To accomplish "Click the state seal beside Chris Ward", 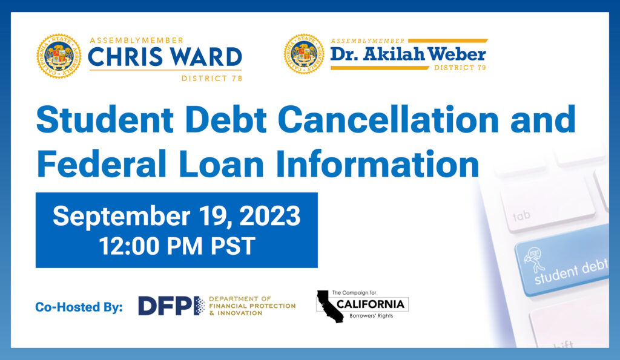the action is click(x=59, y=56).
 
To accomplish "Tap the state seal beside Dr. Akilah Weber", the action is click(x=304, y=54).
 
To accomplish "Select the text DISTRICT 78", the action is click(x=211, y=78).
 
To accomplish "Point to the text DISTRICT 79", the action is click(x=460, y=68).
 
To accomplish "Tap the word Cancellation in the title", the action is click(x=388, y=119).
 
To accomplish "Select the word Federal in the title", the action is click(x=101, y=163).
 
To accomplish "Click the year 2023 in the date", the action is click(x=269, y=216).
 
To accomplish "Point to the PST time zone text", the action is click(x=232, y=246).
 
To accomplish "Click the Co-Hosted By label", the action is click(x=79, y=307).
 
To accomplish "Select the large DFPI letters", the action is click(x=171, y=306).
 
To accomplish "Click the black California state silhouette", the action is click(x=329, y=306).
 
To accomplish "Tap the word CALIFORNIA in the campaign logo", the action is click(x=371, y=304).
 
